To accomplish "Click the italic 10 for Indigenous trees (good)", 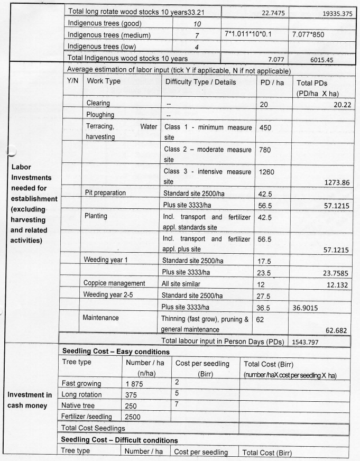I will (x=195, y=24).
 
